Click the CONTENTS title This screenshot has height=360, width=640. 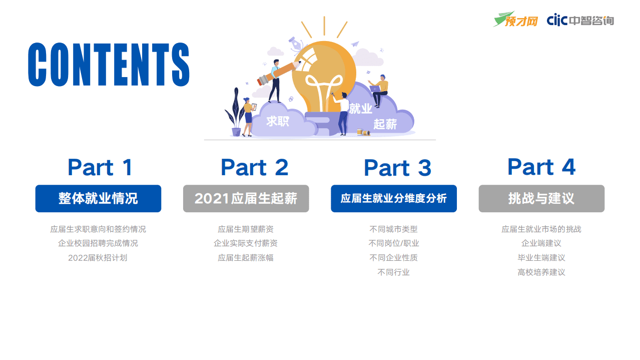click(109, 64)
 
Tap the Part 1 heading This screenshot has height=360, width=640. click(100, 167)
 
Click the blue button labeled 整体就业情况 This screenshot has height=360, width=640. click(98, 198)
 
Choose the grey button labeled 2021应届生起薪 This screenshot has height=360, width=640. click(246, 198)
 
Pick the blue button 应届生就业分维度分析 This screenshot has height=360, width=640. click(393, 198)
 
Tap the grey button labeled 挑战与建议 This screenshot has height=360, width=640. click(541, 198)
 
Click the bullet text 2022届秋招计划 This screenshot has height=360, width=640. click(98, 258)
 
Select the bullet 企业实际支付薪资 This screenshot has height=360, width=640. click(245, 243)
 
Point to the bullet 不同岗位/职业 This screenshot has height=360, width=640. click(393, 243)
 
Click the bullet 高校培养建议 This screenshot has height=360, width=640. click(541, 272)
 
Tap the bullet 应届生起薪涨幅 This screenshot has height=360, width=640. click(245, 258)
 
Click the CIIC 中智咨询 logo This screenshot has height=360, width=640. click(580, 20)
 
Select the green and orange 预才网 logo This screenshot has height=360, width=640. click(515, 20)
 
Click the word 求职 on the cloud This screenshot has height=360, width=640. click(278, 121)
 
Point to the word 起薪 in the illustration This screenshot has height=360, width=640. click(385, 124)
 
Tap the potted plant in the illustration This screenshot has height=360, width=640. click(235, 115)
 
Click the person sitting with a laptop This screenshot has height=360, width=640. click(379, 90)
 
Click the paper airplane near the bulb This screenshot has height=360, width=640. click(355, 44)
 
